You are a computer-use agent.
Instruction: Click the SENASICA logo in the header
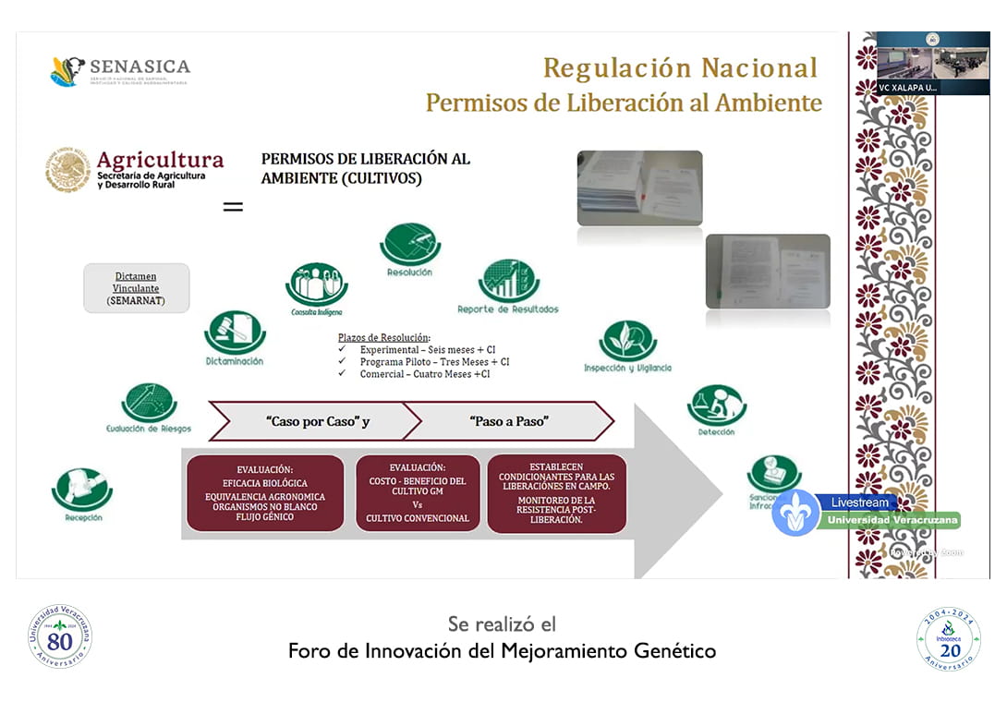point(120,71)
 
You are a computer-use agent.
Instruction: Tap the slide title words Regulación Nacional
point(680,68)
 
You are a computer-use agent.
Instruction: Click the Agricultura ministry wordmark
point(135,170)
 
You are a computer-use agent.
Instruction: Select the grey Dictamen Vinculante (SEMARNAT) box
point(136,287)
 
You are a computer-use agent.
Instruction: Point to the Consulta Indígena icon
point(317,284)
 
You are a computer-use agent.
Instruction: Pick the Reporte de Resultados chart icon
point(508,281)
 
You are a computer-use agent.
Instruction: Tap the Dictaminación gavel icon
point(235,332)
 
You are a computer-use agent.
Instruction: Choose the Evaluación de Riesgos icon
point(149,403)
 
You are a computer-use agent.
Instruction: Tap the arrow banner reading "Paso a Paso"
point(508,421)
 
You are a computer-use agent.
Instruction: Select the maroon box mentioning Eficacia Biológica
point(265,493)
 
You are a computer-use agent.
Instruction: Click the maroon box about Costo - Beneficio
point(418,493)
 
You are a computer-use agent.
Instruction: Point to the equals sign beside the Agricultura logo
point(233,207)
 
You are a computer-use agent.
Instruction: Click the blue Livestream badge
point(860,502)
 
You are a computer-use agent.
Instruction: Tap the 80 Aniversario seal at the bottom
point(60,636)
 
